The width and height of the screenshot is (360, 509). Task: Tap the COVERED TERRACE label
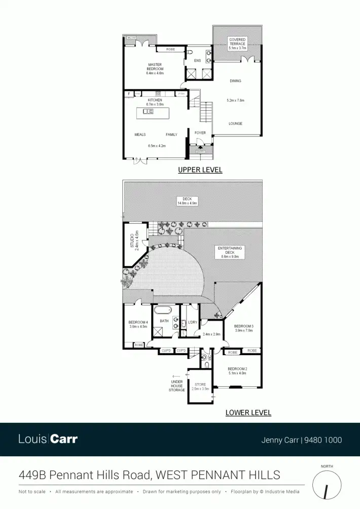(x=237, y=42)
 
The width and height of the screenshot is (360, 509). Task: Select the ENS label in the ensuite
(x=198, y=61)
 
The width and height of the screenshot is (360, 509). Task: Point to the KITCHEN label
(x=155, y=100)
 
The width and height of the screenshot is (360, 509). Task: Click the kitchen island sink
(x=148, y=111)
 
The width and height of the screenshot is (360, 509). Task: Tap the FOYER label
(x=200, y=133)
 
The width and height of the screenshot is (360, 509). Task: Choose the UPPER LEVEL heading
(x=200, y=170)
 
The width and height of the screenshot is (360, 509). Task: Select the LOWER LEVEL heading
(x=248, y=413)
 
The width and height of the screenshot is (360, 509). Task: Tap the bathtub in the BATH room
(x=164, y=311)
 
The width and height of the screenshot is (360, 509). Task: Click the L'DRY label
(x=192, y=322)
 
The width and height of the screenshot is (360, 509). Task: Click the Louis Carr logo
(x=48, y=439)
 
